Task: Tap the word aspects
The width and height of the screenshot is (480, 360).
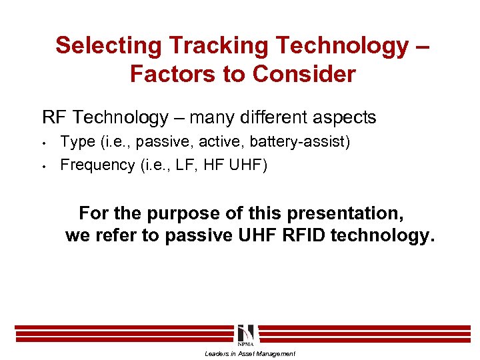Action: [343, 118]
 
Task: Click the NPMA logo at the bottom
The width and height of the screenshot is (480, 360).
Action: [245, 335]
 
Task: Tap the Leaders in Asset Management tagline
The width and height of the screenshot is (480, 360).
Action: [249, 354]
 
